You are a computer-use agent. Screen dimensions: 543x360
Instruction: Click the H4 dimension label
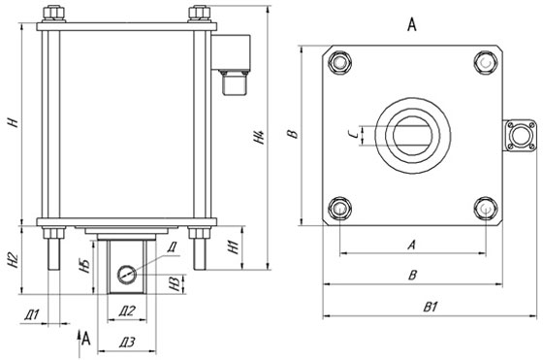click(260, 137)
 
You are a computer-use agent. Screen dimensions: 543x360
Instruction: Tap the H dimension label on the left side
click(14, 122)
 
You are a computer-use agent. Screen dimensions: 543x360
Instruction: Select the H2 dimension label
click(13, 260)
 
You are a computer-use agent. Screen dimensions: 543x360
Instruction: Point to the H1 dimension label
click(235, 247)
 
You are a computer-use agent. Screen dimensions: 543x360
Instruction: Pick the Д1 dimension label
click(32, 315)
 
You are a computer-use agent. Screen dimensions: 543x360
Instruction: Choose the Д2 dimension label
click(127, 311)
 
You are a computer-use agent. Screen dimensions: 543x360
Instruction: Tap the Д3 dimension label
click(127, 343)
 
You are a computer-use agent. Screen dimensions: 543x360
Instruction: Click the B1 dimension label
click(431, 307)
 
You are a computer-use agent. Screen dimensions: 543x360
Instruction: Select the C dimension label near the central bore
click(353, 135)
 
